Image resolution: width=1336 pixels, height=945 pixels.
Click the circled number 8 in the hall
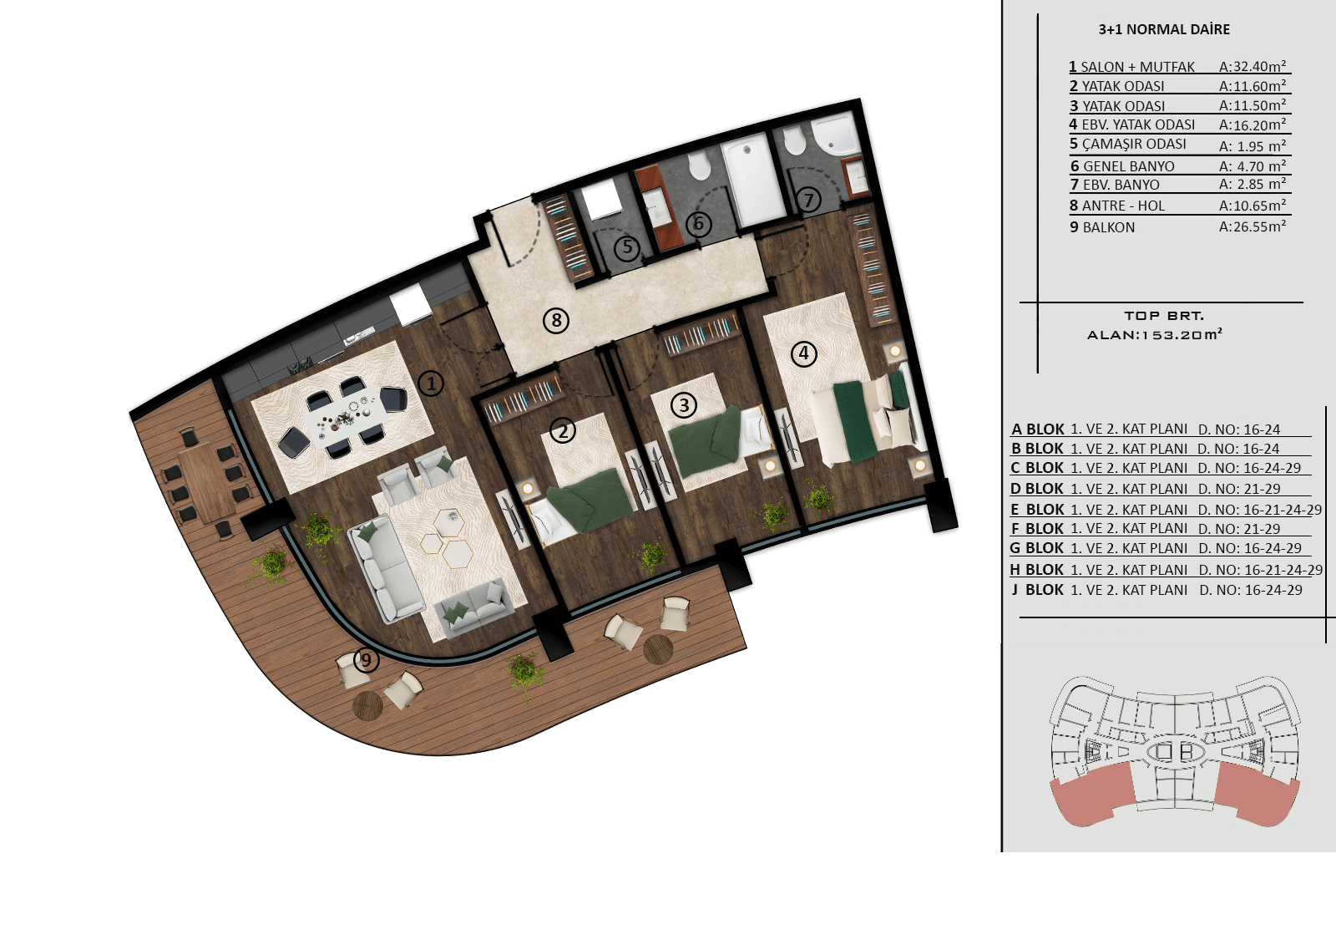click(556, 321)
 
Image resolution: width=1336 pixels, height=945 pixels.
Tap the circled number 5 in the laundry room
click(627, 246)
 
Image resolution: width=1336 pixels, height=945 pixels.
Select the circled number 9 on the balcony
click(367, 659)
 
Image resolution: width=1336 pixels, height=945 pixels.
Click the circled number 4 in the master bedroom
click(803, 353)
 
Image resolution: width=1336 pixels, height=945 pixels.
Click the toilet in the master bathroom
click(794, 140)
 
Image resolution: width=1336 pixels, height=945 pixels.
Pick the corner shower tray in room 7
click(834, 135)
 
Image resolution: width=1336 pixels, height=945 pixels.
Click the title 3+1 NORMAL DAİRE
click(1164, 29)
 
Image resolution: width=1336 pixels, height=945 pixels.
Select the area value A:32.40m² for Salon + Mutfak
click(1252, 66)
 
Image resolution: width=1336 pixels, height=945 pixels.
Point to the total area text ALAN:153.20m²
click(1154, 334)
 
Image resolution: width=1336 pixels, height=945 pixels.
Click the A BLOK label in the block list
click(1037, 429)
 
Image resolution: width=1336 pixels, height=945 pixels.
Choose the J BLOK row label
click(1038, 590)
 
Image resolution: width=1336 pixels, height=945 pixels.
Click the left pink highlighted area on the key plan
click(1093, 795)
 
